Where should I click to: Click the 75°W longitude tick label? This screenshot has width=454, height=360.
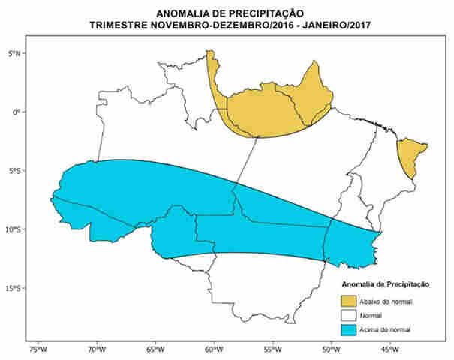pos(38,349)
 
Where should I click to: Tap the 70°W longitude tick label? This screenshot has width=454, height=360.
pos(96,349)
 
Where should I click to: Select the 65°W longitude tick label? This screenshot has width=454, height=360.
pos(155,349)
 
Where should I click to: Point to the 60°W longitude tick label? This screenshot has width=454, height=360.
pos(213,349)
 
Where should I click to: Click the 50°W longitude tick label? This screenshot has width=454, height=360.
pos(330,349)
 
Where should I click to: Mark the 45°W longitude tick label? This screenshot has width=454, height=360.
pos(389,349)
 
